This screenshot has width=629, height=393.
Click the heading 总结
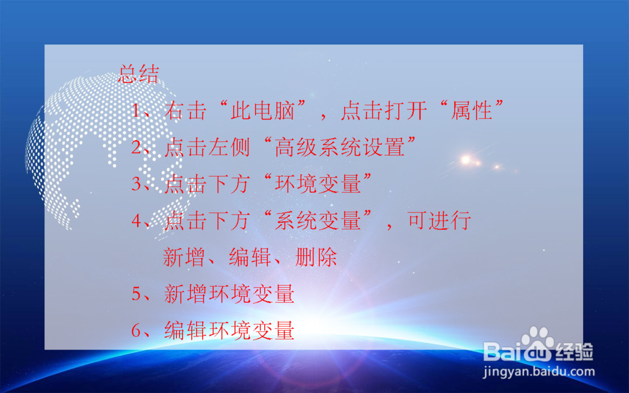click(x=138, y=74)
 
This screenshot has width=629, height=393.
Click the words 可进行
click(x=438, y=221)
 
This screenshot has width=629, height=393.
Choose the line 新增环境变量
click(x=229, y=294)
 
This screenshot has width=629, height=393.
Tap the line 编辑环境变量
click(x=229, y=329)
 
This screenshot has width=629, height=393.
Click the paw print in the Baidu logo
click(x=537, y=343)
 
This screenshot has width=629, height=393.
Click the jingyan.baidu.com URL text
click(x=539, y=371)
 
